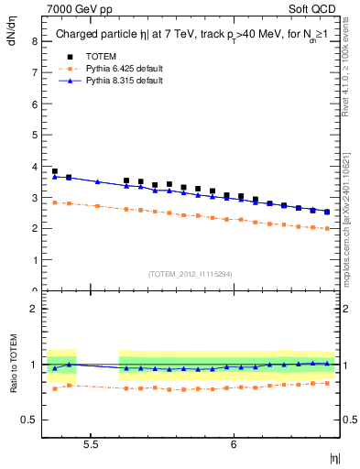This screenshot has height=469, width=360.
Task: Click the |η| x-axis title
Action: (334, 456)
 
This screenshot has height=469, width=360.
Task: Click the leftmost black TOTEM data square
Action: (55, 171)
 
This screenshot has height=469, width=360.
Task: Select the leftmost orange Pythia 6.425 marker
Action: (55, 202)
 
